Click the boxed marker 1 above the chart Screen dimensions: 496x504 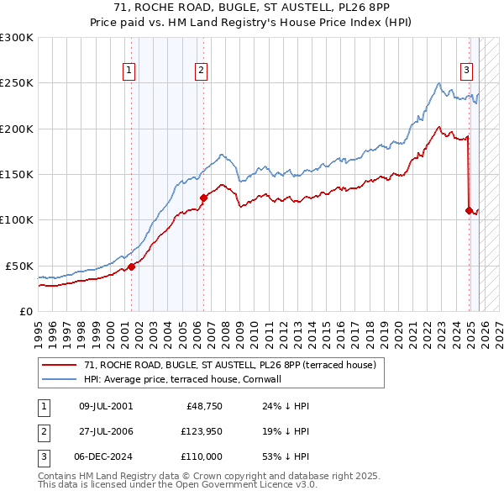(129, 71)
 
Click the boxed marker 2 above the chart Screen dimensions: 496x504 (202, 71)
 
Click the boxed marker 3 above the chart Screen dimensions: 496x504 (466, 71)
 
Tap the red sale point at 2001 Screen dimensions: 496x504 (131, 266)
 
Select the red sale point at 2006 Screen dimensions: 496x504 (202, 198)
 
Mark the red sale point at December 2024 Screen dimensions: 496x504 (469, 211)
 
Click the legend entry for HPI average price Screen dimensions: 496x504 (187, 379)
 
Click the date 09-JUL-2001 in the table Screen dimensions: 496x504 (106, 406)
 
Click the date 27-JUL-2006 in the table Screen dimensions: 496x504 (106, 431)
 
